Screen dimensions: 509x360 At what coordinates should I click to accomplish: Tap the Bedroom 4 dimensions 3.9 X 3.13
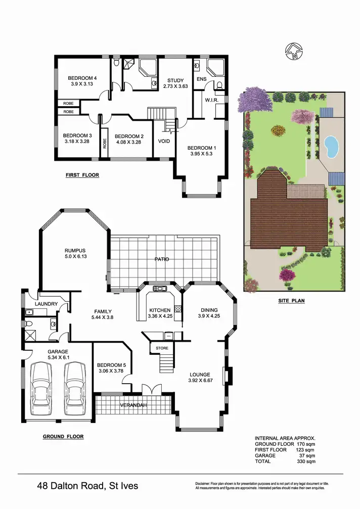coord(82,84)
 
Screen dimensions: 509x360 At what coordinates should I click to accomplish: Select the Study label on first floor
coord(175,80)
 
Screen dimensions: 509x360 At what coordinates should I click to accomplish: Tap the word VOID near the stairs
coord(164,141)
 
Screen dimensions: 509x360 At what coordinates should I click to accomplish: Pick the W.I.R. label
coord(211,100)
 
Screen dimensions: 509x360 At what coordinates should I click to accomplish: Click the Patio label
coord(162,259)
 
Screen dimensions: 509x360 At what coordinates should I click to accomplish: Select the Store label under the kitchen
coord(162,348)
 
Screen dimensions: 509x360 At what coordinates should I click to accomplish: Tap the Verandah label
coord(133,405)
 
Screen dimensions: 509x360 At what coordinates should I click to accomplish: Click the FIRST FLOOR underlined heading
coord(82,175)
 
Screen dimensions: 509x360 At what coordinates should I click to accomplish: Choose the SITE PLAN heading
coord(291,300)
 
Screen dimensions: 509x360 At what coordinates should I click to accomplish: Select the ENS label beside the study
coord(201,80)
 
